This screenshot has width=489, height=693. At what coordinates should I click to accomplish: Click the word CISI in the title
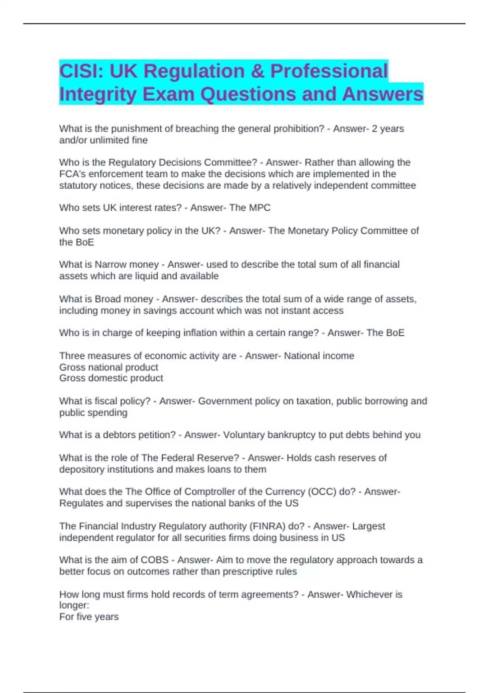(x=79, y=71)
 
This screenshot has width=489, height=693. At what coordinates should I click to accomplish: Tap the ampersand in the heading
(x=258, y=71)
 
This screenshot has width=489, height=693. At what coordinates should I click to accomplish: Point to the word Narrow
(x=110, y=265)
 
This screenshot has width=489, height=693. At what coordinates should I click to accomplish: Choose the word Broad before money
(x=108, y=299)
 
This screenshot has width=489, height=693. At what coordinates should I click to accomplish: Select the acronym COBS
(x=154, y=560)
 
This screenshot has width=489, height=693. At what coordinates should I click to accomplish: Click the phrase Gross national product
(x=109, y=367)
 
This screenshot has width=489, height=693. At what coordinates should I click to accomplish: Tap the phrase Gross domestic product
(x=111, y=378)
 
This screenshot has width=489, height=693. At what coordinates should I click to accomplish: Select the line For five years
(x=89, y=617)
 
